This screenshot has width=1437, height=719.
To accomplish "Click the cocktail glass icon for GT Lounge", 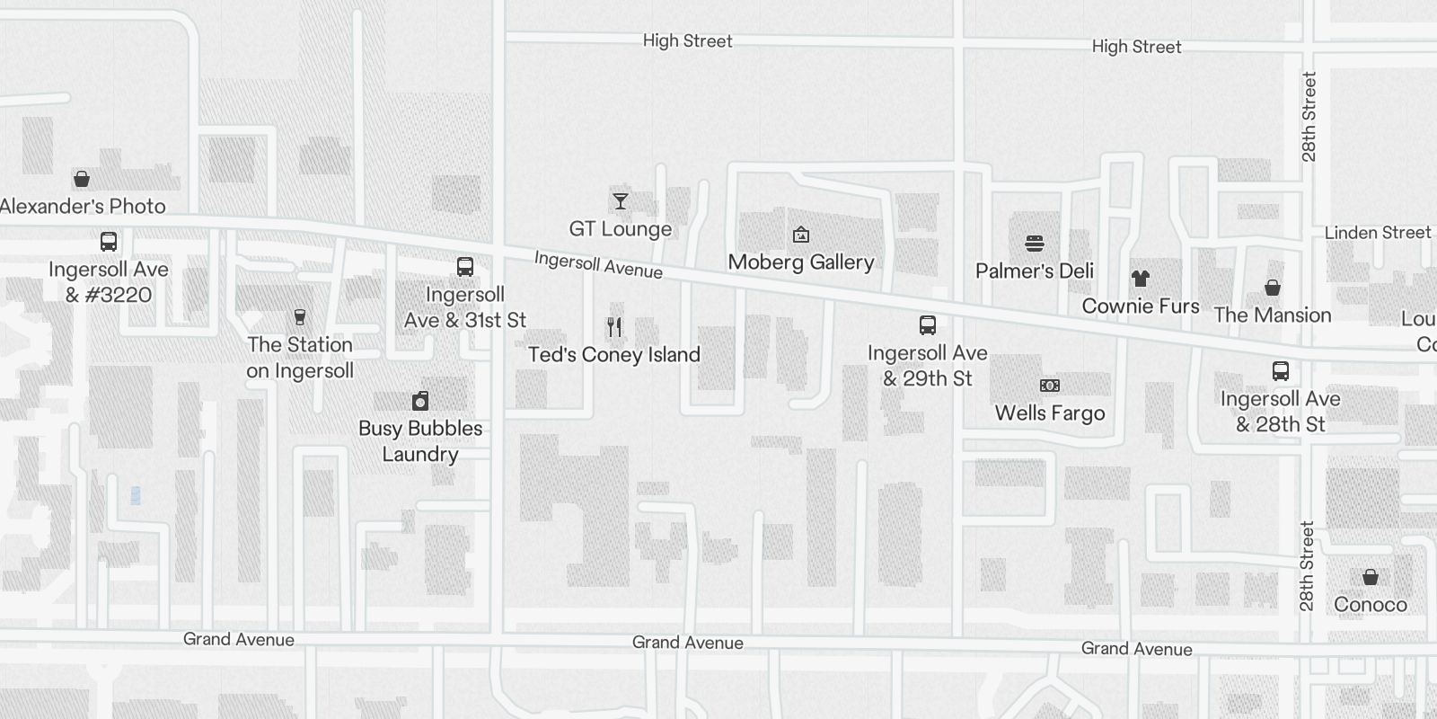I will click(x=621, y=200).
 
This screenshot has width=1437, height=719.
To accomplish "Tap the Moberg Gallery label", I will click(x=800, y=262).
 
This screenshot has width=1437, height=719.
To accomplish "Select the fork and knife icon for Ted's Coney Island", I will click(x=614, y=326).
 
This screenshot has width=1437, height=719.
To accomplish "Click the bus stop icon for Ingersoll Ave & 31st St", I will click(x=464, y=267).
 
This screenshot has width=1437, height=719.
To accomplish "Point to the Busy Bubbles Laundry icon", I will click(x=420, y=401).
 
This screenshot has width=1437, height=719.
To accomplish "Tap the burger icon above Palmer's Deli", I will click(x=1035, y=244).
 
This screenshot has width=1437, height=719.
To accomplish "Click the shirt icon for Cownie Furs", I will click(x=1141, y=279).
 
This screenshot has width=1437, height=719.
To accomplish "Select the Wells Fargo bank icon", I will click(x=1050, y=386).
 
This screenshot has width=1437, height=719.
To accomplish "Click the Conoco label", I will click(x=1370, y=605).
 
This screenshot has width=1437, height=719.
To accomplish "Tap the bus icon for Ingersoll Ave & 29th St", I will click(x=928, y=325).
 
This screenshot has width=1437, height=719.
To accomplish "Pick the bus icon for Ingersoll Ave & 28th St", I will click(x=1281, y=371).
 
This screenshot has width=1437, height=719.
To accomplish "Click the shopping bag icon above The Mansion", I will click(x=1273, y=288).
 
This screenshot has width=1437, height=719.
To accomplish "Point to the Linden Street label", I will click(x=1377, y=233).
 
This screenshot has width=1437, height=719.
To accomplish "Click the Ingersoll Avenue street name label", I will click(x=598, y=265).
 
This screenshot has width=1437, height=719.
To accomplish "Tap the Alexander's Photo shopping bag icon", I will click(x=82, y=179).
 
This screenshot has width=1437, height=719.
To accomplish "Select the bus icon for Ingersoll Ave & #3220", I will click(x=109, y=242).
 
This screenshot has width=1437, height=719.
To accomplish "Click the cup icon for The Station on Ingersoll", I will click(x=300, y=317).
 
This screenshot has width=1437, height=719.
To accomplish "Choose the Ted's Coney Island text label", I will click(x=614, y=355).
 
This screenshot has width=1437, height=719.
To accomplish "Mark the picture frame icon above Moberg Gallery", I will click(x=801, y=235).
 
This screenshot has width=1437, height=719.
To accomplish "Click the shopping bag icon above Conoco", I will click(x=1371, y=577).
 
